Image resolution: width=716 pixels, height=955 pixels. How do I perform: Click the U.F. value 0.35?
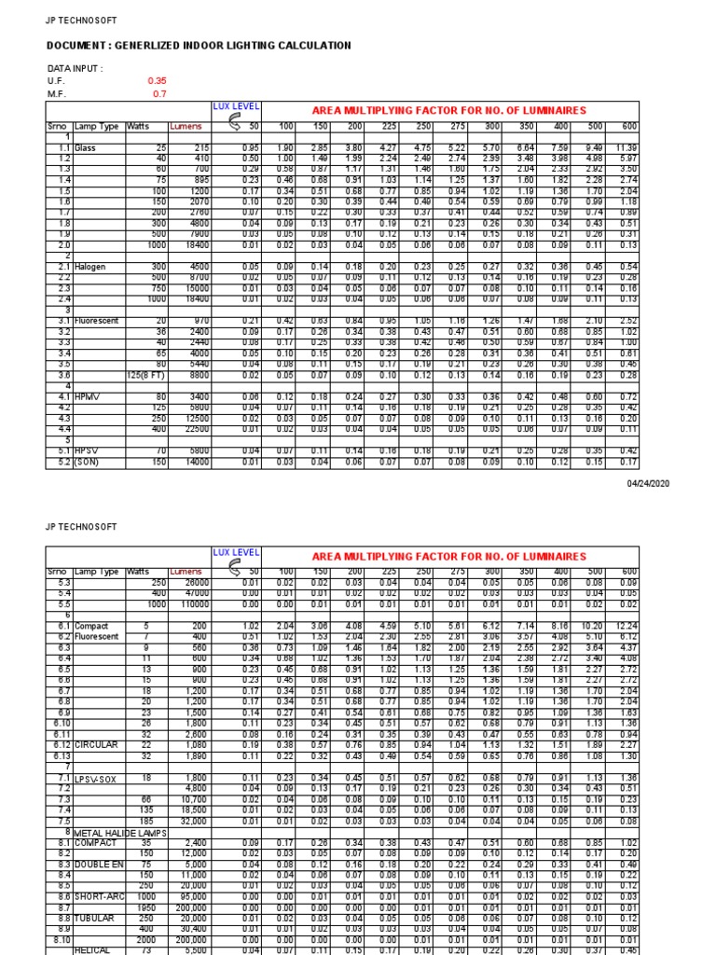(157, 81)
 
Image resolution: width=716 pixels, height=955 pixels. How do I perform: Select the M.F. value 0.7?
(159, 94)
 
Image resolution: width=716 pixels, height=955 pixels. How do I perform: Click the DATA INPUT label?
(75, 68)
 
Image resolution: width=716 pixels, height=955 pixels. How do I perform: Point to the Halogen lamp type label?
(91, 267)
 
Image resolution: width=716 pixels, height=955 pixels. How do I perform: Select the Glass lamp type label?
(86, 148)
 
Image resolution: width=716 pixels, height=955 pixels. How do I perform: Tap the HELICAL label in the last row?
(93, 949)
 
